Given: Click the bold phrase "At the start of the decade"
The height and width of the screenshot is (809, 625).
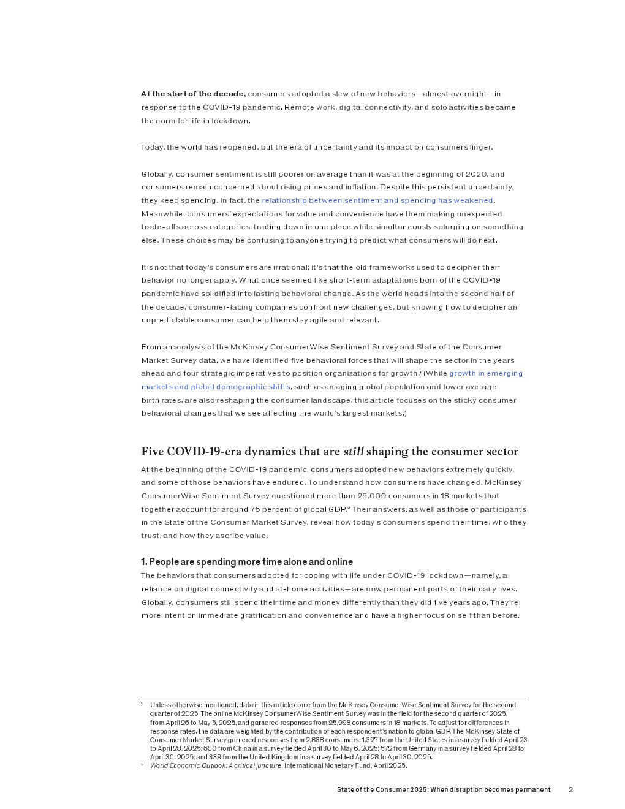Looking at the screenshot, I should tap(193, 94).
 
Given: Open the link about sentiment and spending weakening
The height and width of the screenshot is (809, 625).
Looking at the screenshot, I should tap(377, 200).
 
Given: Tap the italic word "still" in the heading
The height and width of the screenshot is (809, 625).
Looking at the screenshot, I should tap(354, 452).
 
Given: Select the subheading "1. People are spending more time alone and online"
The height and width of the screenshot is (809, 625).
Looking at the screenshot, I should tap(247, 562).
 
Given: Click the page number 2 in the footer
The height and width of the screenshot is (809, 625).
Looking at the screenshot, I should tap(570, 789).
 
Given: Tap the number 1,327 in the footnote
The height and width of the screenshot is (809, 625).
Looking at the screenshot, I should tap(369, 740).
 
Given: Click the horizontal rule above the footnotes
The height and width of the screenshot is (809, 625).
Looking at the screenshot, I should tap(335, 699).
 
